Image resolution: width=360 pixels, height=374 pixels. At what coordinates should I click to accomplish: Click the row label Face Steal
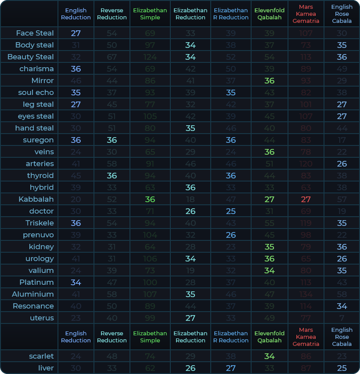(x=35, y=33)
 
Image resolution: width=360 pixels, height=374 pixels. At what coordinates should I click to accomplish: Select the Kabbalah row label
(x=36, y=199)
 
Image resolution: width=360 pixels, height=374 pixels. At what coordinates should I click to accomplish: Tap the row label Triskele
(x=40, y=223)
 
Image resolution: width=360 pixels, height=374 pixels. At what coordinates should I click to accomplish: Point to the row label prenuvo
(x=38, y=235)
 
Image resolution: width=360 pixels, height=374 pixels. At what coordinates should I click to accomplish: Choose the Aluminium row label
(x=33, y=294)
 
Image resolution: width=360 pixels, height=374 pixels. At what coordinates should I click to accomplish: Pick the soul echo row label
(x=36, y=92)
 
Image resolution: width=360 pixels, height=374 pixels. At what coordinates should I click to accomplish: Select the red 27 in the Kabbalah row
(x=306, y=199)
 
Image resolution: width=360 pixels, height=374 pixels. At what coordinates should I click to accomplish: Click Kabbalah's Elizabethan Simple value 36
(x=150, y=199)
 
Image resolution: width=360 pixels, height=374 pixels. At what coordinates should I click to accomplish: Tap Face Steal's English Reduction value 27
(x=76, y=33)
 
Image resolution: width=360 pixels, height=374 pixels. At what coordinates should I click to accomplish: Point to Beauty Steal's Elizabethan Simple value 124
(x=150, y=57)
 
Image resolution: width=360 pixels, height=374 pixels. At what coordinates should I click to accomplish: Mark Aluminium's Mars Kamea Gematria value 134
(x=306, y=294)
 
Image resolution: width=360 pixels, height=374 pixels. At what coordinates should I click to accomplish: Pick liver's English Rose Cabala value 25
(x=342, y=368)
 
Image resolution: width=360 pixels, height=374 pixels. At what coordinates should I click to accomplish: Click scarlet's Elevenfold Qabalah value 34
(x=270, y=356)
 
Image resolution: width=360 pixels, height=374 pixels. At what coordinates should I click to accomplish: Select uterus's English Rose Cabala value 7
(x=342, y=318)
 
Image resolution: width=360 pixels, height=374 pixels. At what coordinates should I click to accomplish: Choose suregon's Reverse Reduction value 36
(x=112, y=140)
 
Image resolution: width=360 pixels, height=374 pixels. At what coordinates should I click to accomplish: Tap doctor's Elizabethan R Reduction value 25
(x=231, y=211)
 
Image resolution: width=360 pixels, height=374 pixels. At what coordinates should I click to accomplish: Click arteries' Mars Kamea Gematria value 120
(x=306, y=163)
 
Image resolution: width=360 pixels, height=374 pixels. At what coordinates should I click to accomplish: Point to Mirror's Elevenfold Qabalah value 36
(x=270, y=80)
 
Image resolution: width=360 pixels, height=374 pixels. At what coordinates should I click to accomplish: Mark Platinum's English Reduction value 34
(x=76, y=282)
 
